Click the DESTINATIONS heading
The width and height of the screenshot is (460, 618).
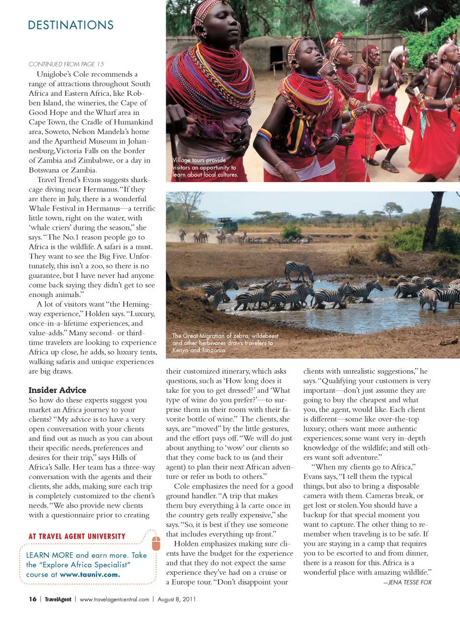[x=71, y=25]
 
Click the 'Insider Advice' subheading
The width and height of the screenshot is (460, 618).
[x=57, y=390]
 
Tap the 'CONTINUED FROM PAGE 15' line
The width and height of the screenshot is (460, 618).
[x=66, y=64]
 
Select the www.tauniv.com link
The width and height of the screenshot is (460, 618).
[x=90, y=574]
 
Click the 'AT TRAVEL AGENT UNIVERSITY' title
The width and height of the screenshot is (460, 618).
[x=77, y=537]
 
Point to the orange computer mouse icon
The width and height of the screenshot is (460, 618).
[x=156, y=543]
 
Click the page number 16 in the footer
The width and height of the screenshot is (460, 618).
[x=33, y=599]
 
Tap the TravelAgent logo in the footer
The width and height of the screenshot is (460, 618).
[x=58, y=599]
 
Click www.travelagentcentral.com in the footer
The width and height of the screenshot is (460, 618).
[x=115, y=599]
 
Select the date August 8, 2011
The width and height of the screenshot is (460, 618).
[x=176, y=599]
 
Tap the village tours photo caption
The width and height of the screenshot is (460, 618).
[x=205, y=167]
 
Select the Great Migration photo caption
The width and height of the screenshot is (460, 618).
[x=225, y=343]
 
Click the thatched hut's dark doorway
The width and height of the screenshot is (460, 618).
[x=276, y=58]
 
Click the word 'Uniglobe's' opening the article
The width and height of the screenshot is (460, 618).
[x=54, y=74]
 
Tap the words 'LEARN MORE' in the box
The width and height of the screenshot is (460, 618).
[x=50, y=555]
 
